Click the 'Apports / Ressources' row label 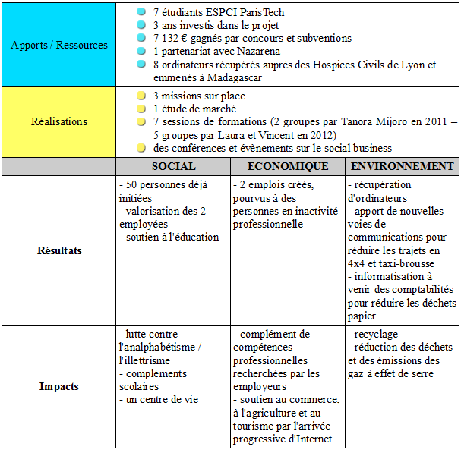click(x=59, y=45)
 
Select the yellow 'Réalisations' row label click(x=59, y=121)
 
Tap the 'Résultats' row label click(x=59, y=250)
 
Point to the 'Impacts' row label click(x=59, y=386)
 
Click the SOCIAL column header click(x=173, y=166)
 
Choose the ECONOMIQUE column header click(x=288, y=166)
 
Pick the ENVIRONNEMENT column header click(x=403, y=166)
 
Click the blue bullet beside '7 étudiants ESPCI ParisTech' click(x=140, y=13)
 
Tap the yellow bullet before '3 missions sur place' click(x=140, y=96)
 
